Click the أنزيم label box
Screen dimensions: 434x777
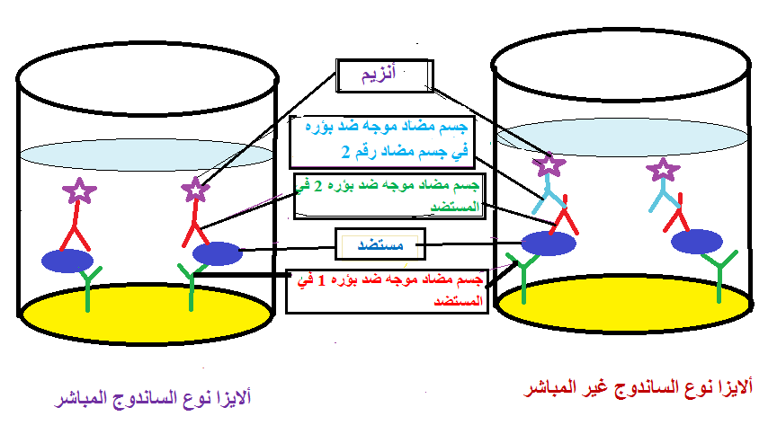click(x=384, y=75)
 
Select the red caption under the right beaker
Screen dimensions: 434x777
click(x=639, y=388)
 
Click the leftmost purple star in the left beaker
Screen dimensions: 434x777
click(x=79, y=190)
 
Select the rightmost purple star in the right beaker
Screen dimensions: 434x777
click(x=663, y=170)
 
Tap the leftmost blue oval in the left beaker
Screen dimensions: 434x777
click(x=67, y=261)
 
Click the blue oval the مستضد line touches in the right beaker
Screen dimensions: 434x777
click(x=549, y=243)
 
